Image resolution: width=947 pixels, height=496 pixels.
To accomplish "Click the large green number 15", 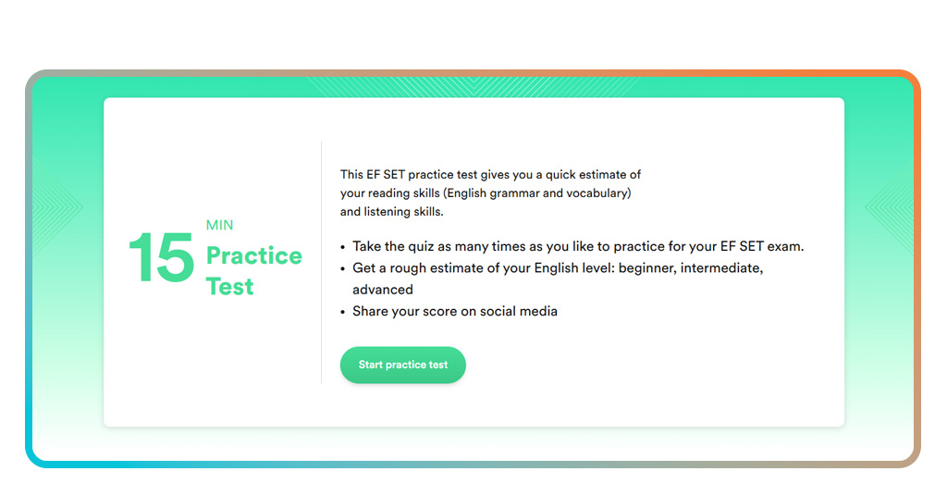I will (161, 258).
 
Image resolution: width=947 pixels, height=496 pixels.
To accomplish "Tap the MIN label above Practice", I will (220, 226).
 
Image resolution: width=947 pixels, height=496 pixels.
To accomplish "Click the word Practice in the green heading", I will (253, 255).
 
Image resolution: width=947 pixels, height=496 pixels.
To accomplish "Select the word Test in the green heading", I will (229, 287).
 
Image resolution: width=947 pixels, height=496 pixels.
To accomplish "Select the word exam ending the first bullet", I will (786, 247).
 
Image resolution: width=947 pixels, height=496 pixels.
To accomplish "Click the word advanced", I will (383, 290).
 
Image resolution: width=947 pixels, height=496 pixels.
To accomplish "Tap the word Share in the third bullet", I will (370, 311).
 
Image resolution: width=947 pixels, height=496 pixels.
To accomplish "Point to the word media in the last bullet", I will (539, 311).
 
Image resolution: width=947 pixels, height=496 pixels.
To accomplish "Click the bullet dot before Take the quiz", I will (343, 248).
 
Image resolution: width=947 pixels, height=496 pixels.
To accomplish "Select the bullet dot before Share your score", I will (343, 312).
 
